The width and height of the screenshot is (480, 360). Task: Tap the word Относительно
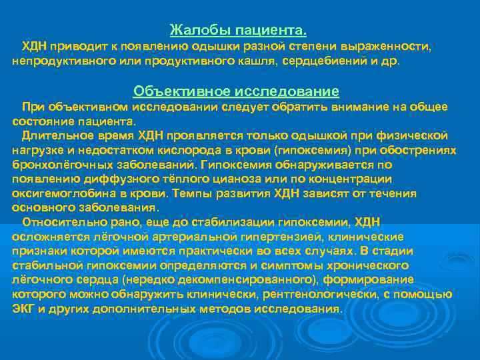tap(61, 222)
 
